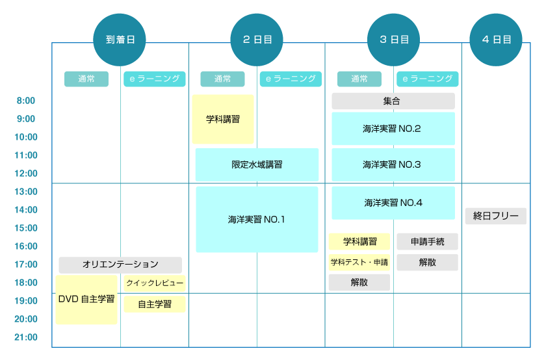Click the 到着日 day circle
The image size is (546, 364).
120,39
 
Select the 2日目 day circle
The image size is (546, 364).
257,39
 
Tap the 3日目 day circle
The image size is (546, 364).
394,39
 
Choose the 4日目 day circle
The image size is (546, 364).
497,39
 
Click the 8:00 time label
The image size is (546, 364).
26,101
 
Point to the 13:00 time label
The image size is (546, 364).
26,192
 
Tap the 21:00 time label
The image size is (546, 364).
26,337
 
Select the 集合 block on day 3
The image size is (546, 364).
393,101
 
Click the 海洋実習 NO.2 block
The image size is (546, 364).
393,129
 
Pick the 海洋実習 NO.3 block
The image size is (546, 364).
393,164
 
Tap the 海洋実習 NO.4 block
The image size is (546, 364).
393,203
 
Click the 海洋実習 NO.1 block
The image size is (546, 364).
257,220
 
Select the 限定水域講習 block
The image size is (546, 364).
257,164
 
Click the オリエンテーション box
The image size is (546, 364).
120,265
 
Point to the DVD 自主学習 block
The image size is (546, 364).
86,300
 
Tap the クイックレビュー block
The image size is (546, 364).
155,283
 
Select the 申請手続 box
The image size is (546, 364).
427,242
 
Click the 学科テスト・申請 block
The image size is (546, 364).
359,263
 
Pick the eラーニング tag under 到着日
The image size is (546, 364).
155,79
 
